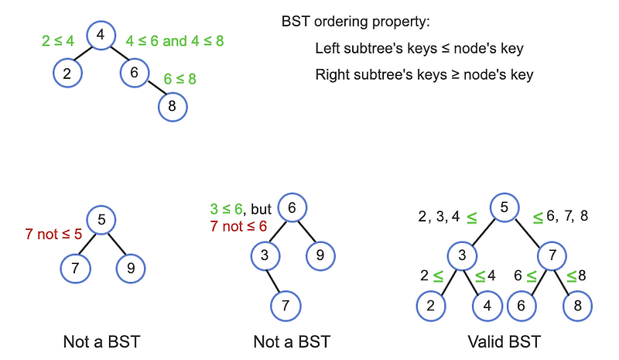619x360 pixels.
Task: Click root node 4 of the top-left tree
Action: [101, 36]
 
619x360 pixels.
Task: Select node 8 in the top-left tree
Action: [172, 106]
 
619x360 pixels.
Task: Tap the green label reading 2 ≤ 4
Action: [57, 40]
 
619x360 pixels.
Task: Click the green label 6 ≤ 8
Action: [180, 78]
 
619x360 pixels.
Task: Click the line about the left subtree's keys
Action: [419, 49]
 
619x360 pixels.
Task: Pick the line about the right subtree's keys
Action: [424, 76]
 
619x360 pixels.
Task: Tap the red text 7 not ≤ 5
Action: [53, 233]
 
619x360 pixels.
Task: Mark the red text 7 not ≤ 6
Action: [238, 226]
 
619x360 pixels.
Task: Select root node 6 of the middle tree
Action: [292, 208]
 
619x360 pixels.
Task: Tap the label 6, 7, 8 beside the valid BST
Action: [566, 216]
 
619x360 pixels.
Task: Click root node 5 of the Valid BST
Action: [504, 207]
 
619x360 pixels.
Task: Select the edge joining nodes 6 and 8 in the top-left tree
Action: [153, 89]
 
